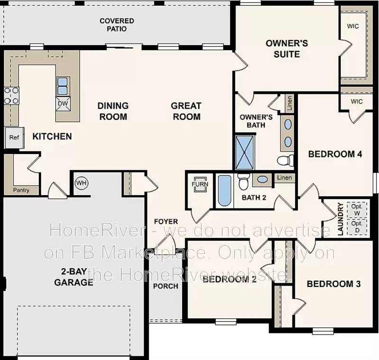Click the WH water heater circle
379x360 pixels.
[81, 183]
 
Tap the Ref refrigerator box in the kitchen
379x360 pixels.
[14, 138]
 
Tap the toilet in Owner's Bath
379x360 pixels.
[285, 160]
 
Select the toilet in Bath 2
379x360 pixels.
[244, 181]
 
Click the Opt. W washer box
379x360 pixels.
[357, 209]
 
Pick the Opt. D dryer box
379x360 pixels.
[357, 226]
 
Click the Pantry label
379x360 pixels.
[21, 190]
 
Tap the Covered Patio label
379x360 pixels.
[117, 25]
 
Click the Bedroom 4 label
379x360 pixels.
[335, 154]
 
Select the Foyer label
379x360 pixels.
[166, 221]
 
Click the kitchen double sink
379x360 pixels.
[63, 86]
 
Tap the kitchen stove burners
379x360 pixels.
[11, 95]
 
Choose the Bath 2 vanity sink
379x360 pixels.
[261, 180]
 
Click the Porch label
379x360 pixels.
[166, 286]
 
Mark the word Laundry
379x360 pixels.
[340, 219]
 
